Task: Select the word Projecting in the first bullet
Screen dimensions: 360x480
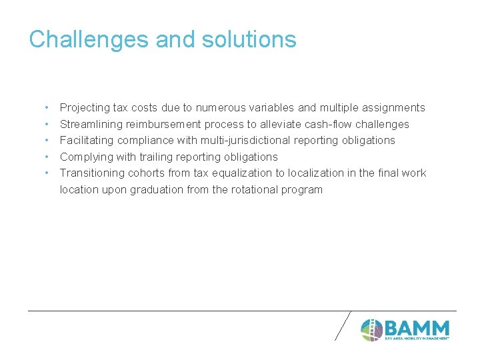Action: (x=85, y=108)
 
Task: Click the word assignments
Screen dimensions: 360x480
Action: (x=393, y=108)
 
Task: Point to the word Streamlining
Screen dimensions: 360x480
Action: (x=91, y=125)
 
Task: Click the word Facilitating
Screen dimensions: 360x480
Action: (x=87, y=141)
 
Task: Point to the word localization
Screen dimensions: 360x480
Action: (x=317, y=173)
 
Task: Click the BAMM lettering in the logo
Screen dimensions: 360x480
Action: (x=417, y=328)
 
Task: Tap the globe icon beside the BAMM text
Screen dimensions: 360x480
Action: (x=371, y=329)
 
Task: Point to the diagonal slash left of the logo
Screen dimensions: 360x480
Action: (x=343, y=325)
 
